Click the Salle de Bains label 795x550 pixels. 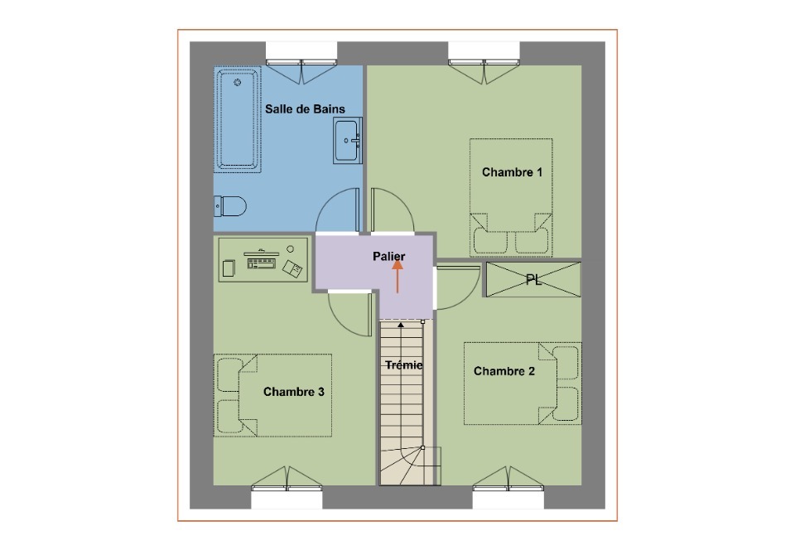[x=305, y=109]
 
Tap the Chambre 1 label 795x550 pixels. [x=512, y=172]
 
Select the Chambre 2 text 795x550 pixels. [x=504, y=371]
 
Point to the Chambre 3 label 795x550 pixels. [x=293, y=392]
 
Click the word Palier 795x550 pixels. [x=389, y=257]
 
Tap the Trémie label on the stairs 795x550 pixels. [x=403, y=365]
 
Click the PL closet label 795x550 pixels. [x=533, y=280]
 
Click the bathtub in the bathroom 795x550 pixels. [x=238, y=119]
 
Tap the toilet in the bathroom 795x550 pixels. [x=230, y=206]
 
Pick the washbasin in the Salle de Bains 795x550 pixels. [x=347, y=141]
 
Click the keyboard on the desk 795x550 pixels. [x=261, y=263]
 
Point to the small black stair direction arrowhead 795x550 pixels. [x=401, y=325]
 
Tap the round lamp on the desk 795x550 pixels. [x=290, y=248]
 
